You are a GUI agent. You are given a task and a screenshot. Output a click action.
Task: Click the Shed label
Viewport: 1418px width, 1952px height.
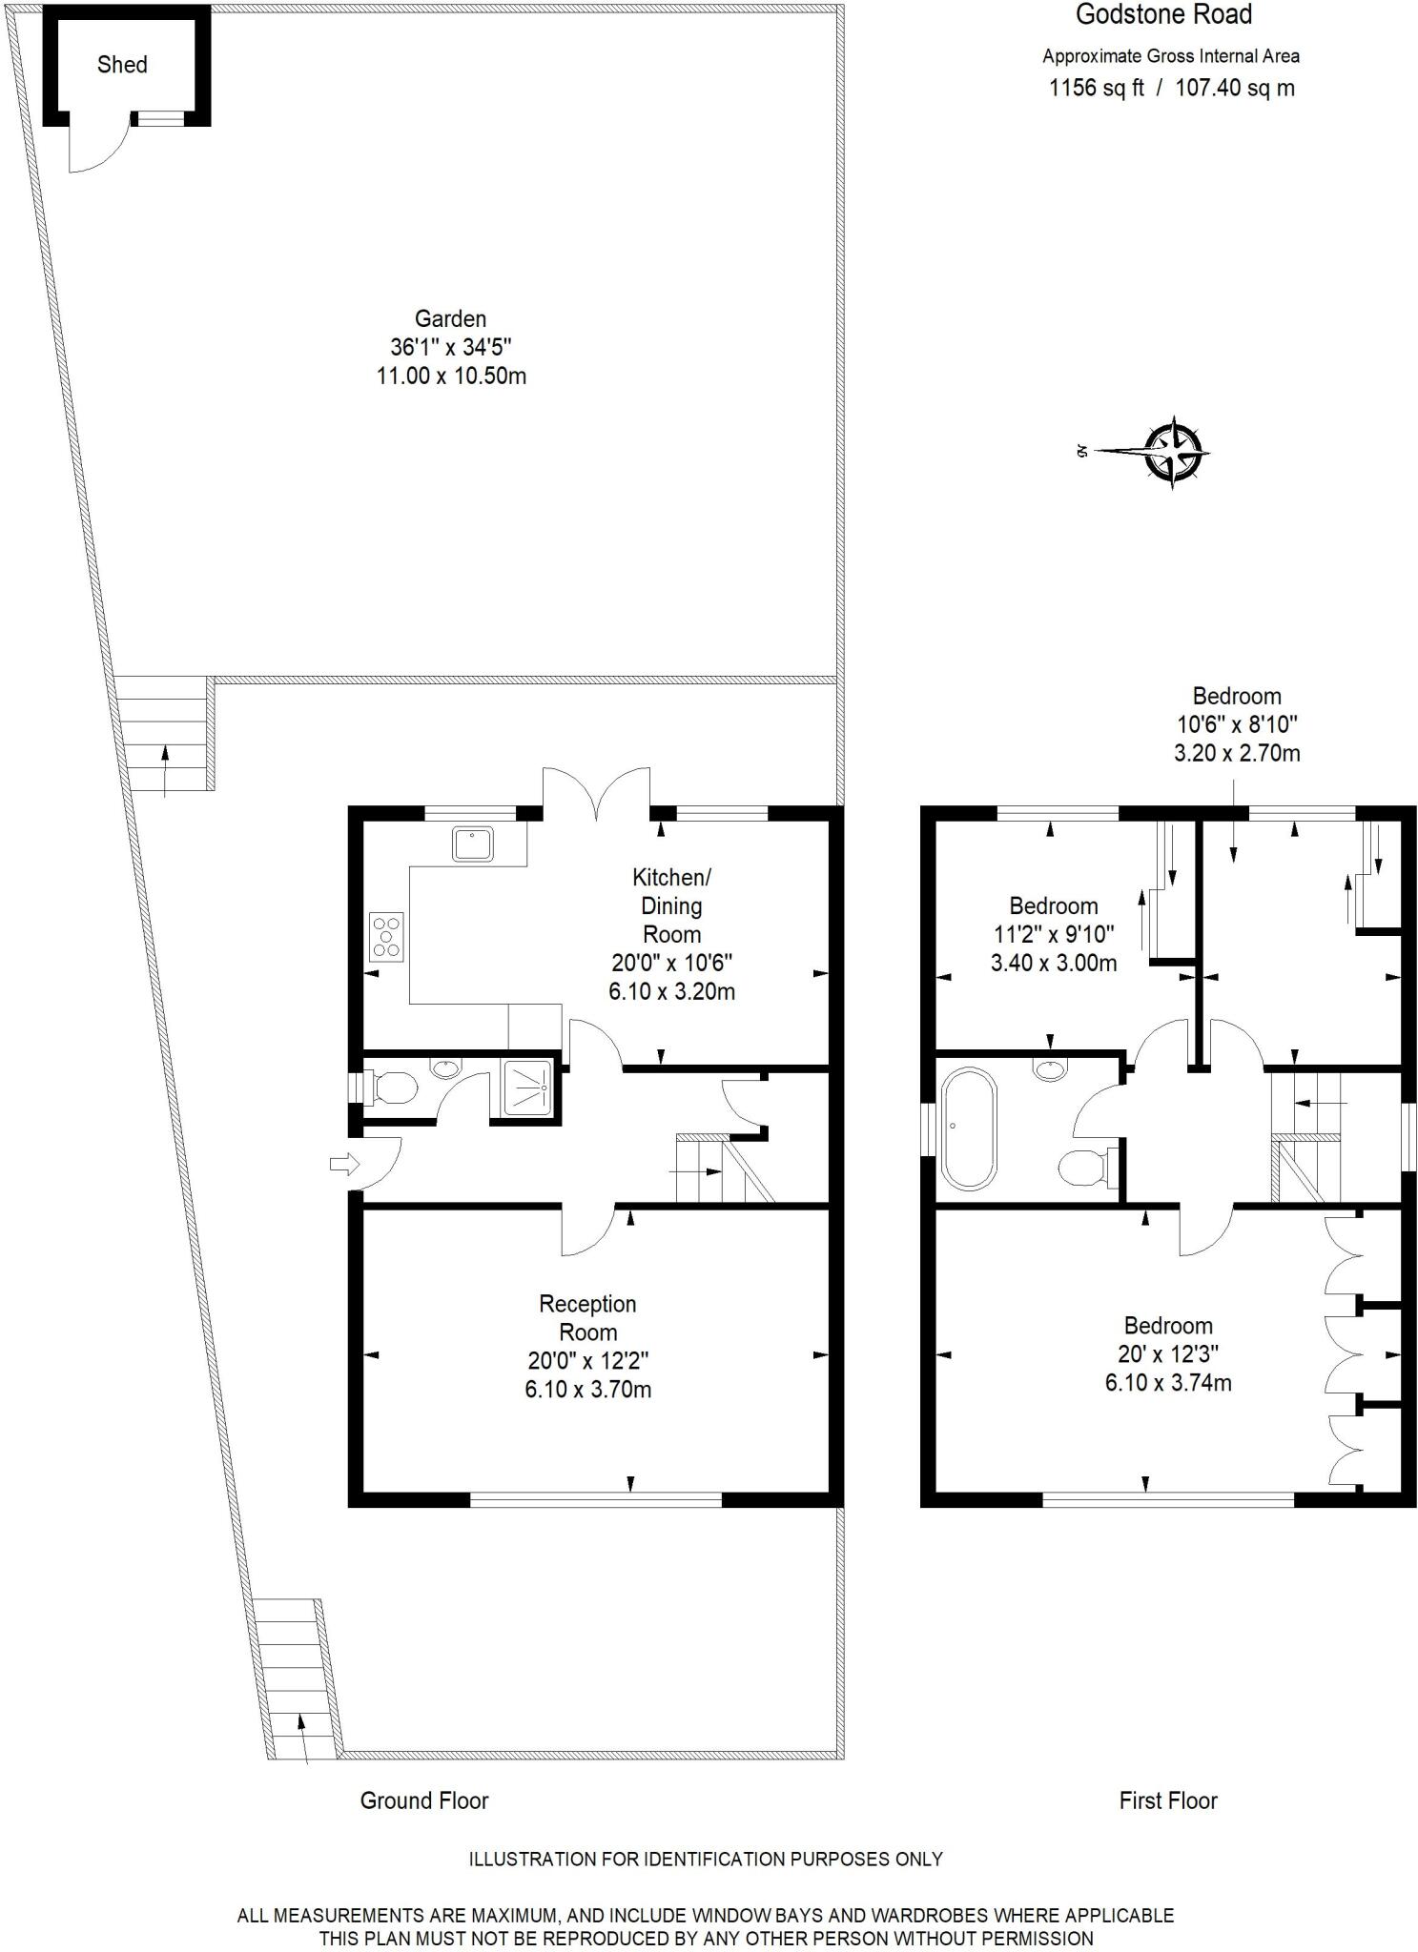tap(122, 65)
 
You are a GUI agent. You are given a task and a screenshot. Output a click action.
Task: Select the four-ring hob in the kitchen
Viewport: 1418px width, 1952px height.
tap(386, 935)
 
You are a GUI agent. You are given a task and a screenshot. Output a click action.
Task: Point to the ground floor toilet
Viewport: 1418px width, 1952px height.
tap(391, 1088)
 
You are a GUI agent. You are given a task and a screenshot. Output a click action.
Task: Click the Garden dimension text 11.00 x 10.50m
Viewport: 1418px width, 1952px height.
tap(451, 376)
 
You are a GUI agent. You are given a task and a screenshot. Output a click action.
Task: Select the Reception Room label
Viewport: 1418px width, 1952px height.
tap(587, 1317)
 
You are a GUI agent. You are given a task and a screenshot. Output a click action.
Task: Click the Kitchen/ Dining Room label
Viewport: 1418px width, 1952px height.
tap(671, 905)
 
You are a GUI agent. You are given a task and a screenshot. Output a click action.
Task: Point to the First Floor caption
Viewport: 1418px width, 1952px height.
tap(1167, 1800)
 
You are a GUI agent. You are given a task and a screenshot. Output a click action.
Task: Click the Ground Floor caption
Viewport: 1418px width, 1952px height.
tap(423, 1800)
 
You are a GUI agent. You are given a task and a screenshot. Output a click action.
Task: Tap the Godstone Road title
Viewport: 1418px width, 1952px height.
tap(1163, 14)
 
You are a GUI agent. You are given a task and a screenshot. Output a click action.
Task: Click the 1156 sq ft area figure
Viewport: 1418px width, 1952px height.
tap(1096, 89)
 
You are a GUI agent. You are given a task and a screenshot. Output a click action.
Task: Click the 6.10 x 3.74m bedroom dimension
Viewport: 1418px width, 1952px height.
tap(1167, 1382)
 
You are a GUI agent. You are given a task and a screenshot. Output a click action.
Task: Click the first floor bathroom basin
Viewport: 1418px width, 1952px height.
tap(1050, 1068)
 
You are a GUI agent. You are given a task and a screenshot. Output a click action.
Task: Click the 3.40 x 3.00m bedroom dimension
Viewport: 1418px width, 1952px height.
tap(1053, 963)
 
